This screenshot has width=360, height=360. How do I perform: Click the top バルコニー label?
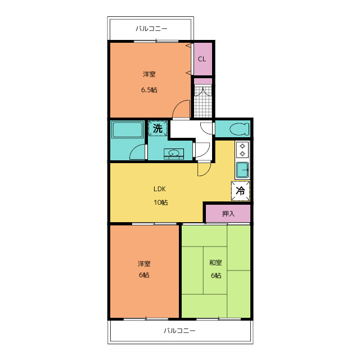pyautogui.click(x=151, y=29)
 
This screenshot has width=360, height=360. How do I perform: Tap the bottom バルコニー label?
pyautogui.click(x=179, y=331)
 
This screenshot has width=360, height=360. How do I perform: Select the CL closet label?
pyautogui.click(x=202, y=59)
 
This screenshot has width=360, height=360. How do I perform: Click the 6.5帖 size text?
pyautogui.click(x=149, y=90)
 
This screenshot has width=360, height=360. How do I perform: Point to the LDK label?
pyautogui.click(x=160, y=189)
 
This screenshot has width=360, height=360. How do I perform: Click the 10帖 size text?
pyautogui.click(x=160, y=202)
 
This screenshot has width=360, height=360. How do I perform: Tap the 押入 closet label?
pyautogui.click(x=228, y=214)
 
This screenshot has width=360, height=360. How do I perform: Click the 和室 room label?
pyautogui.click(x=215, y=263)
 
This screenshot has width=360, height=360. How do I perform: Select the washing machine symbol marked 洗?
pyautogui.click(x=157, y=128)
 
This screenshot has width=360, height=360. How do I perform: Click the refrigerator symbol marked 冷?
pyautogui.click(x=240, y=191)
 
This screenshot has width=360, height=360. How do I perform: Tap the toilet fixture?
pyautogui.click(x=239, y=129)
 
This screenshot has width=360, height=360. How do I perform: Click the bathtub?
pyautogui.click(x=127, y=130)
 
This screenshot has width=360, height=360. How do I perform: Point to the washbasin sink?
pyautogui.click(x=174, y=153)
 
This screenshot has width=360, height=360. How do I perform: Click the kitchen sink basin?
pyautogui.click(x=242, y=170)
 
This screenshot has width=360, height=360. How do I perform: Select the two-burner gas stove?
pyautogui.click(x=242, y=150)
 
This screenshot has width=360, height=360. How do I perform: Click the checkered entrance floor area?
pyautogui.click(x=203, y=101)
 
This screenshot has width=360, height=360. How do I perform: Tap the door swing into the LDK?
pyautogui.click(x=204, y=169)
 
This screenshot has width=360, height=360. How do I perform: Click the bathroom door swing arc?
pyautogui.click(x=137, y=152)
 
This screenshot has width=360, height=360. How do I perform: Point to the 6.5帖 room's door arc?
pyautogui.click(x=181, y=109)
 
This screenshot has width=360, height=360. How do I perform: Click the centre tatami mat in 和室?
pyautogui.click(x=215, y=270)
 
